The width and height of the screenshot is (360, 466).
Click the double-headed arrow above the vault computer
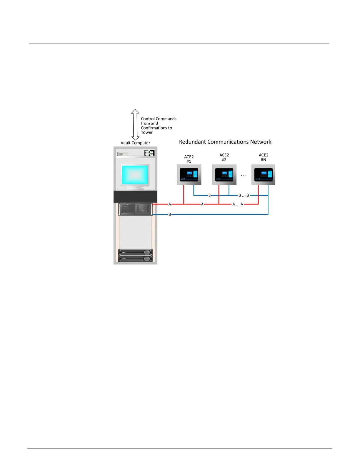(135, 124)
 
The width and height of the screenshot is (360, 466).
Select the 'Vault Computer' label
(135, 143)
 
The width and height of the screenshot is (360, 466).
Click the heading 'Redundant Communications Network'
(225, 142)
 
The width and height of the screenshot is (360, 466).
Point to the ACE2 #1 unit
(189, 175)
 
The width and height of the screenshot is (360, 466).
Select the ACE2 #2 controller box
(224, 175)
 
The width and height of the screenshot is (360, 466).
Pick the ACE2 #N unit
(263, 175)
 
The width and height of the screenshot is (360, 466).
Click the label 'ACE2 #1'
(189, 159)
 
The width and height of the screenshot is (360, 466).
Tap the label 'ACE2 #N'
(263, 157)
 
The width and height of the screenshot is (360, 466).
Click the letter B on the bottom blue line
(170, 214)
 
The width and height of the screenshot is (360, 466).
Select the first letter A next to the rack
(170, 204)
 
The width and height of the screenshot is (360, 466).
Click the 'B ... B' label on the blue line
(244, 195)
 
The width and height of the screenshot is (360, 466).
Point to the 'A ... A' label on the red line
(238, 204)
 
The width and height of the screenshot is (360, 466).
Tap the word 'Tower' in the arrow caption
(147, 132)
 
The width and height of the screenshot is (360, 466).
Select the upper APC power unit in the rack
(135, 252)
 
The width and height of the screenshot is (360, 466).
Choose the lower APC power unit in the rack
(135, 259)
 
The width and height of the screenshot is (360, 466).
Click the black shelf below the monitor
(135, 197)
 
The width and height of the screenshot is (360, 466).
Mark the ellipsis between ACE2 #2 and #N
(244, 176)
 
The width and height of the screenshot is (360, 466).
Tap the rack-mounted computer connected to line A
(135, 209)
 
